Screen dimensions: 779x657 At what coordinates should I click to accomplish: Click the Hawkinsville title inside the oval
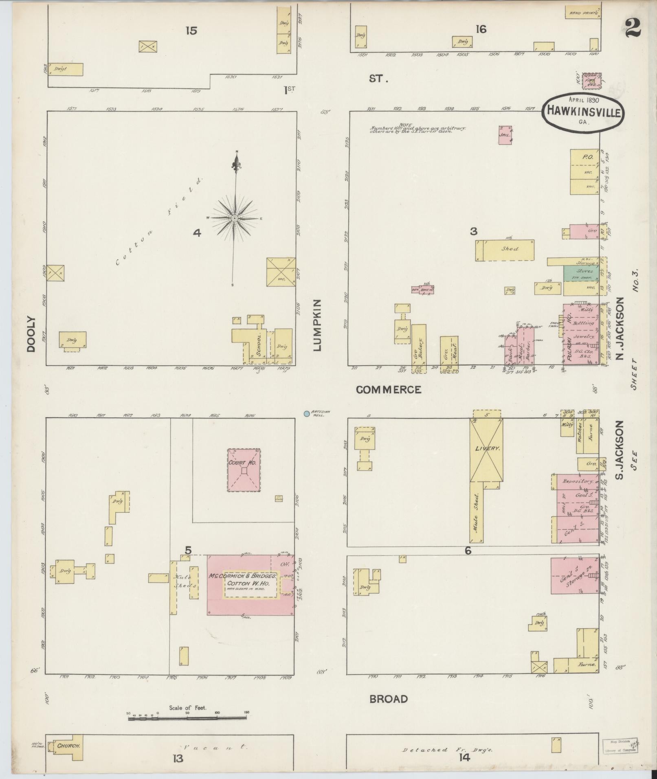point(583,111)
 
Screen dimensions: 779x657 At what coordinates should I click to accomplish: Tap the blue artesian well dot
point(306,414)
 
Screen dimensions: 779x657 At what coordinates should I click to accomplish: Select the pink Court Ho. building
point(244,470)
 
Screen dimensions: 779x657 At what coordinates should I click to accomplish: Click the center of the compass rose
point(235,219)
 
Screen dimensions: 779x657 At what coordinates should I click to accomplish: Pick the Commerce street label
point(388,390)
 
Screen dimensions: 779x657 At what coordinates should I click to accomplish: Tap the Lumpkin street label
point(317,325)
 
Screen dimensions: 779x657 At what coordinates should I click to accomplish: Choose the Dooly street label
point(31,334)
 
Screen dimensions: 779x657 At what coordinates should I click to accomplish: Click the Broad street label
point(388,699)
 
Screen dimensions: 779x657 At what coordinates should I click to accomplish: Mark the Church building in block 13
point(68,746)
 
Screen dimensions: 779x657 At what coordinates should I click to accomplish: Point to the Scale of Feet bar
point(187,718)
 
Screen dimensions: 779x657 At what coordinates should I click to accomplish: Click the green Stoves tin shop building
point(581,273)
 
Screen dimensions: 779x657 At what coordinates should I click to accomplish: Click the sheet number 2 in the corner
point(632,29)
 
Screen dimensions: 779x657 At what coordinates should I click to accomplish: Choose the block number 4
point(197,233)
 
